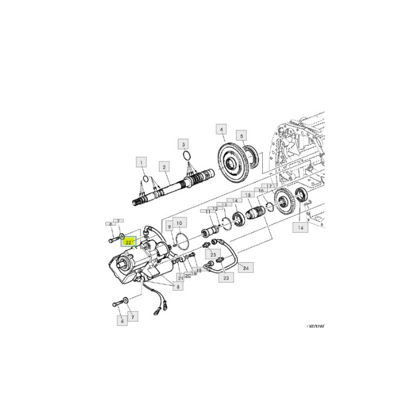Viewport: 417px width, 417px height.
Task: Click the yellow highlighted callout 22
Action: (x=129, y=242)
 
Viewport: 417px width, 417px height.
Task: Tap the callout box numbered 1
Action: (x=141, y=161)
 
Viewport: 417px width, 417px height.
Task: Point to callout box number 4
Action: (x=221, y=129)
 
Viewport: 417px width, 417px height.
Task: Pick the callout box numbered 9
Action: (x=170, y=226)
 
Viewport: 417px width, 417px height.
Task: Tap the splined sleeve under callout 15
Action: (x=257, y=212)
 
